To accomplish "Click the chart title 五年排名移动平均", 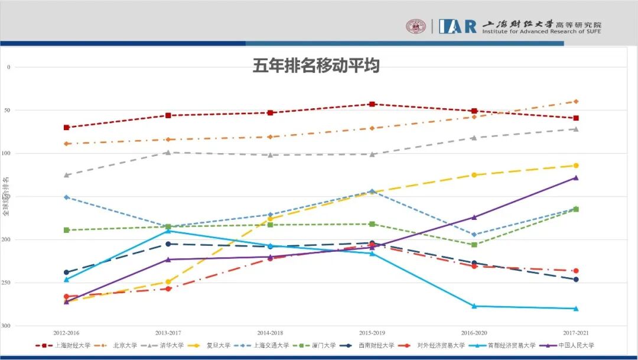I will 316,66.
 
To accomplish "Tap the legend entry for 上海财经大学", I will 67,345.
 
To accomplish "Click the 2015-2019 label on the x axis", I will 372,333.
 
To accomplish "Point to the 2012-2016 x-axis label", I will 66,333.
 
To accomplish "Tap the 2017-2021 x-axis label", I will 576,333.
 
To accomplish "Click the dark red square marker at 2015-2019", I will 372,104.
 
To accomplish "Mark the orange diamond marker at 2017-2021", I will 576,102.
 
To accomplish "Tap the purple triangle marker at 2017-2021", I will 576,177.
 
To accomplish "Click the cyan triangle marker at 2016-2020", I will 474,306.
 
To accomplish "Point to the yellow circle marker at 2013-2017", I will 168,282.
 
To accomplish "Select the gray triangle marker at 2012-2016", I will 66,175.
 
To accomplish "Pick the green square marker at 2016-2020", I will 474,245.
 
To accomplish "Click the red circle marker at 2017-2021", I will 576,271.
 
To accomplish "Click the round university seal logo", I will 416,26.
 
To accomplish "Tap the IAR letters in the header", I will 457,26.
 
